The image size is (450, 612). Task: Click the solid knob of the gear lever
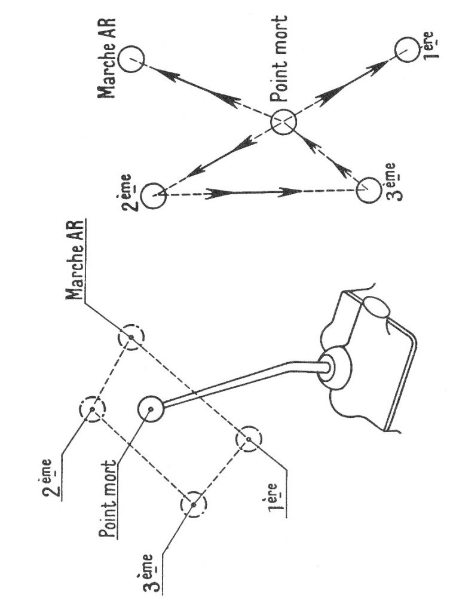coord(151,409)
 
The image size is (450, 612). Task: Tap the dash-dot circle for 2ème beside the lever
coord(93,410)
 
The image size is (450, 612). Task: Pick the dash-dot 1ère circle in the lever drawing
coord(247,440)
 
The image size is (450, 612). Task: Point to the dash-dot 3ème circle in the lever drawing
coord(194,504)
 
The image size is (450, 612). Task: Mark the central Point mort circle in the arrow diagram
coord(283,123)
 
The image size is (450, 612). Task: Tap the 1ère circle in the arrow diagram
coord(406,49)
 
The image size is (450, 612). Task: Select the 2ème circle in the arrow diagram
coord(155,195)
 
